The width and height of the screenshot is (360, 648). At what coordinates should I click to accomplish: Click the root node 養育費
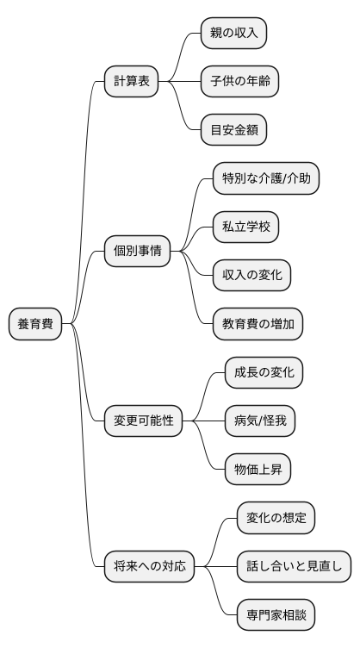pyautogui.click(x=35, y=324)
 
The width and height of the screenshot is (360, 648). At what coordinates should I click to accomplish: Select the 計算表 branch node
pyautogui.click(x=132, y=82)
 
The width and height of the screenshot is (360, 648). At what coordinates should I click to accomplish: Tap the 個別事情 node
pyautogui.click(x=137, y=252)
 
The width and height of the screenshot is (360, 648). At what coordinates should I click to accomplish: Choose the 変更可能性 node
pyautogui.click(x=144, y=421)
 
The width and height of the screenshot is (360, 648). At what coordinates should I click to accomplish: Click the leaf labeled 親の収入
pyautogui.click(x=233, y=34)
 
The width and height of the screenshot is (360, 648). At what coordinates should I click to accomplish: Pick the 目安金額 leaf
pyautogui.click(x=233, y=131)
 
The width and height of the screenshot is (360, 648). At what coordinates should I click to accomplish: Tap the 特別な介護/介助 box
pyautogui.click(x=266, y=179)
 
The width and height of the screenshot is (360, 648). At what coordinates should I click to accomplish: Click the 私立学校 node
pyautogui.click(x=245, y=227)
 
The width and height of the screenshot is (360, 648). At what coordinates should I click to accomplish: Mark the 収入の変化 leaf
pyautogui.click(x=251, y=276)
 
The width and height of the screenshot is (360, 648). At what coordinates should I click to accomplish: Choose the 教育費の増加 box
pyautogui.click(x=258, y=324)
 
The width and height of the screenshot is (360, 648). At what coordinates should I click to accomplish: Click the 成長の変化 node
pyautogui.click(x=264, y=372)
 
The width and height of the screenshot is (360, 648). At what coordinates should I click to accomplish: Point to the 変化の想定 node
pyautogui.click(x=276, y=518)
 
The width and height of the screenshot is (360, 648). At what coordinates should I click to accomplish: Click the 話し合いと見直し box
pyautogui.click(x=294, y=567)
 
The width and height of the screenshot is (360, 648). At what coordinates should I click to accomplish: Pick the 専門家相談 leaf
pyautogui.click(x=276, y=615)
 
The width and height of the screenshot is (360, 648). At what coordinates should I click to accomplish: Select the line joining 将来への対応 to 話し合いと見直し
pyautogui.click(x=215, y=567)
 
